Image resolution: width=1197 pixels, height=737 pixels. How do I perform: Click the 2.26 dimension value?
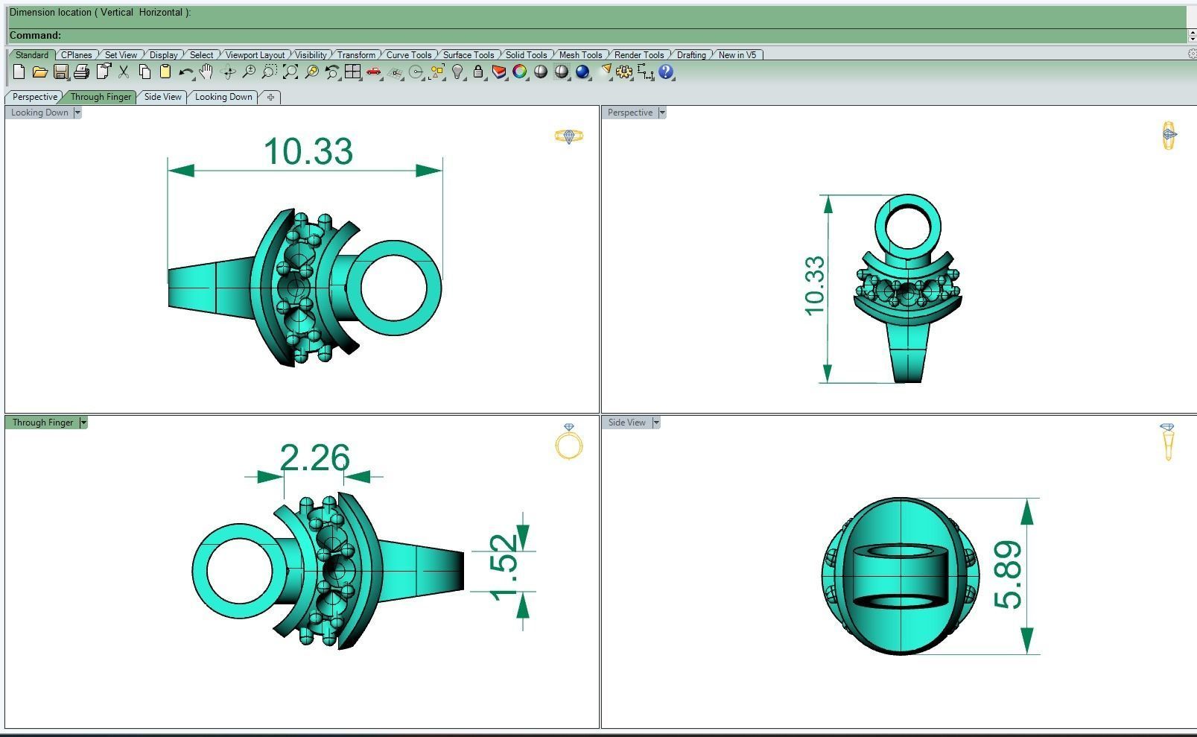click(314, 458)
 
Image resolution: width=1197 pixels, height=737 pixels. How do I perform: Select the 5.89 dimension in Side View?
click(1009, 575)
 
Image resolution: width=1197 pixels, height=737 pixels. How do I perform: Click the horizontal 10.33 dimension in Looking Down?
click(308, 151)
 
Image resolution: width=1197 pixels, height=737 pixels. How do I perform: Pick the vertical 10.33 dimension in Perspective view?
click(815, 286)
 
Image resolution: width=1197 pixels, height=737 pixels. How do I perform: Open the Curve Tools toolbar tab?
click(408, 54)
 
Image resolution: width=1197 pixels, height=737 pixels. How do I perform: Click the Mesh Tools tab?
click(580, 54)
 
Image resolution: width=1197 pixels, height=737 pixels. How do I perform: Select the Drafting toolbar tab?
click(690, 54)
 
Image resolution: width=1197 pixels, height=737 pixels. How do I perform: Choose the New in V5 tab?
click(737, 54)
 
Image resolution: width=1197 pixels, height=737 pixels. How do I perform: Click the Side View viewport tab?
click(162, 97)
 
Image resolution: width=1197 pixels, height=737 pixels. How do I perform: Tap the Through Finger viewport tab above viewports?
click(101, 97)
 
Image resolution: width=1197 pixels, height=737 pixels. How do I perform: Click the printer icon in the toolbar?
click(82, 72)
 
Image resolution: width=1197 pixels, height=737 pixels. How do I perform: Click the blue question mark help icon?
click(666, 72)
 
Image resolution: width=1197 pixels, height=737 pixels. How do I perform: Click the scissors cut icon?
click(124, 72)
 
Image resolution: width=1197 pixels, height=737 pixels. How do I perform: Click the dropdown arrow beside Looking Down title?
click(77, 113)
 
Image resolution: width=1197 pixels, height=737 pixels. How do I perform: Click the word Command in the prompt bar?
click(34, 35)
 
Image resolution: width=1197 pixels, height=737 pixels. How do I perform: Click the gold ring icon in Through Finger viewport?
click(569, 443)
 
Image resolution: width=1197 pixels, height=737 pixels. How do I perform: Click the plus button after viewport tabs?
click(270, 97)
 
